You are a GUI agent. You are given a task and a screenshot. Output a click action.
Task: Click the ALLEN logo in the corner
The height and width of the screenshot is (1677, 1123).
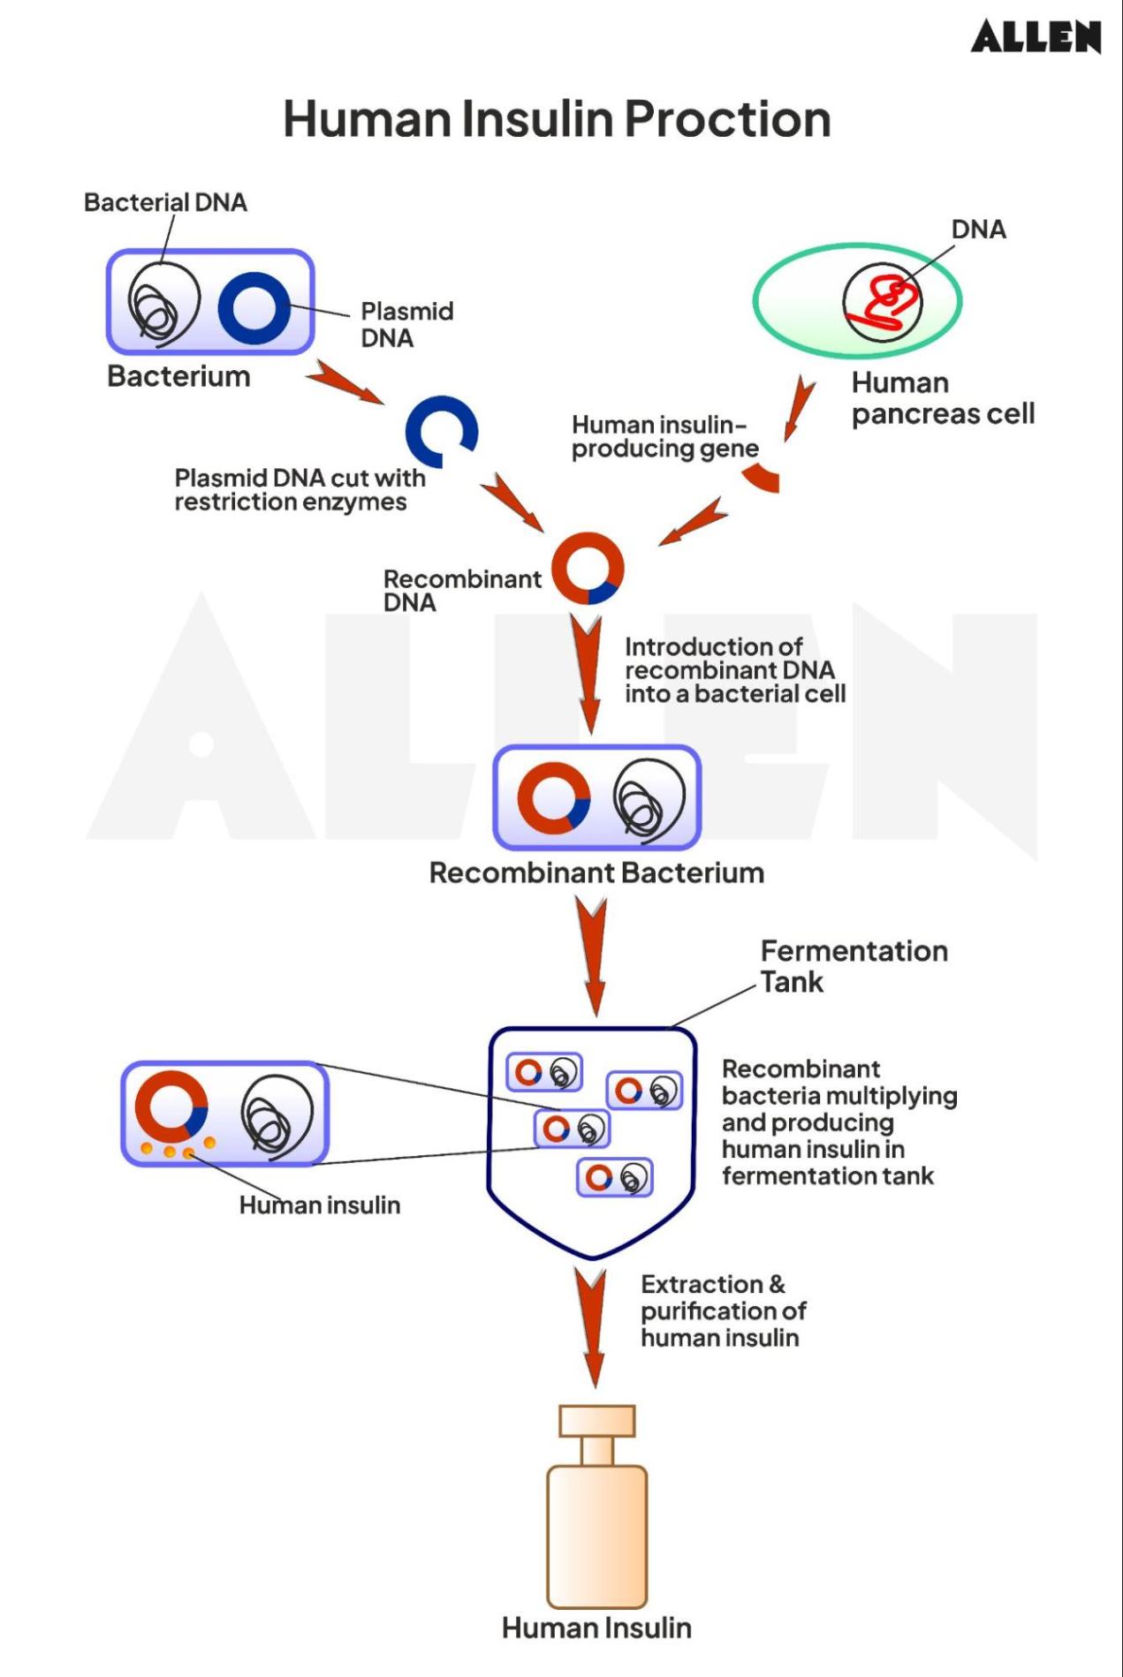pyautogui.click(x=1036, y=37)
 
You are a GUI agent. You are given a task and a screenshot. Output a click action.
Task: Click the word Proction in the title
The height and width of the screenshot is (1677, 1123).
pyautogui.click(x=727, y=119)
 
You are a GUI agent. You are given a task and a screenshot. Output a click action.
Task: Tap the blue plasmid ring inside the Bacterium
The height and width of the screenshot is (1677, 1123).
pyautogui.click(x=254, y=307)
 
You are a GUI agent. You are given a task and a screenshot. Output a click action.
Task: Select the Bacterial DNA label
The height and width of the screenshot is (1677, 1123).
pyautogui.click(x=165, y=202)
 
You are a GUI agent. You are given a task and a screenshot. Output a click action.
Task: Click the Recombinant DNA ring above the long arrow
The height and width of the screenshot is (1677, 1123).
pyautogui.click(x=588, y=569)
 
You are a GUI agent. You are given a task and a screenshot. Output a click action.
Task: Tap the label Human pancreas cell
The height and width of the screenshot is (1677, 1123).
pyautogui.click(x=942, y=398)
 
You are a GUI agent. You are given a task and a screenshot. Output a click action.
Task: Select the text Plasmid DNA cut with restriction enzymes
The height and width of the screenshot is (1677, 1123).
pyautogui.click(x=299, y=490)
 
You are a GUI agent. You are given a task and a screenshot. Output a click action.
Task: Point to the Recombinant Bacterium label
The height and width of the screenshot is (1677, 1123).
pyautogui.click(x=596, y=872)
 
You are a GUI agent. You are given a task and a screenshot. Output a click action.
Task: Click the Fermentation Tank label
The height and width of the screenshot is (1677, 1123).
pyautogui.click(x=853, y=966)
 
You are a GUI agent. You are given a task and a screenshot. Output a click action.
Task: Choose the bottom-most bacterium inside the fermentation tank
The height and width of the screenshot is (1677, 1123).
pyautogui.click(x=614, y=1177)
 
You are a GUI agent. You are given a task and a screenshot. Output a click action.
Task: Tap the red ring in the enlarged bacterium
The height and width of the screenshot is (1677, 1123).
pyautogui.click(x=171, y=1107)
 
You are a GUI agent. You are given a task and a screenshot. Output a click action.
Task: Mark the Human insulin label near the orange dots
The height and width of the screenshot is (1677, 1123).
pyautogui.click(x=320, y=1205)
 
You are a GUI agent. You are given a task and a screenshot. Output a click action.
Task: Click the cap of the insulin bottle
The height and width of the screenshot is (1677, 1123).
pyautogui.click(x=596, y=1421)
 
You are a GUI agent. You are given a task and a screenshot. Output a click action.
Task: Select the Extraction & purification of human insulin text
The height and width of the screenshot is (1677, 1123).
pyautogui.click(x=723, y=1311)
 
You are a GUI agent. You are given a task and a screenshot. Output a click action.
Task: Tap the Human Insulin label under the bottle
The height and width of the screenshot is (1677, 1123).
pyautogui.click(x=596, y=1628)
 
